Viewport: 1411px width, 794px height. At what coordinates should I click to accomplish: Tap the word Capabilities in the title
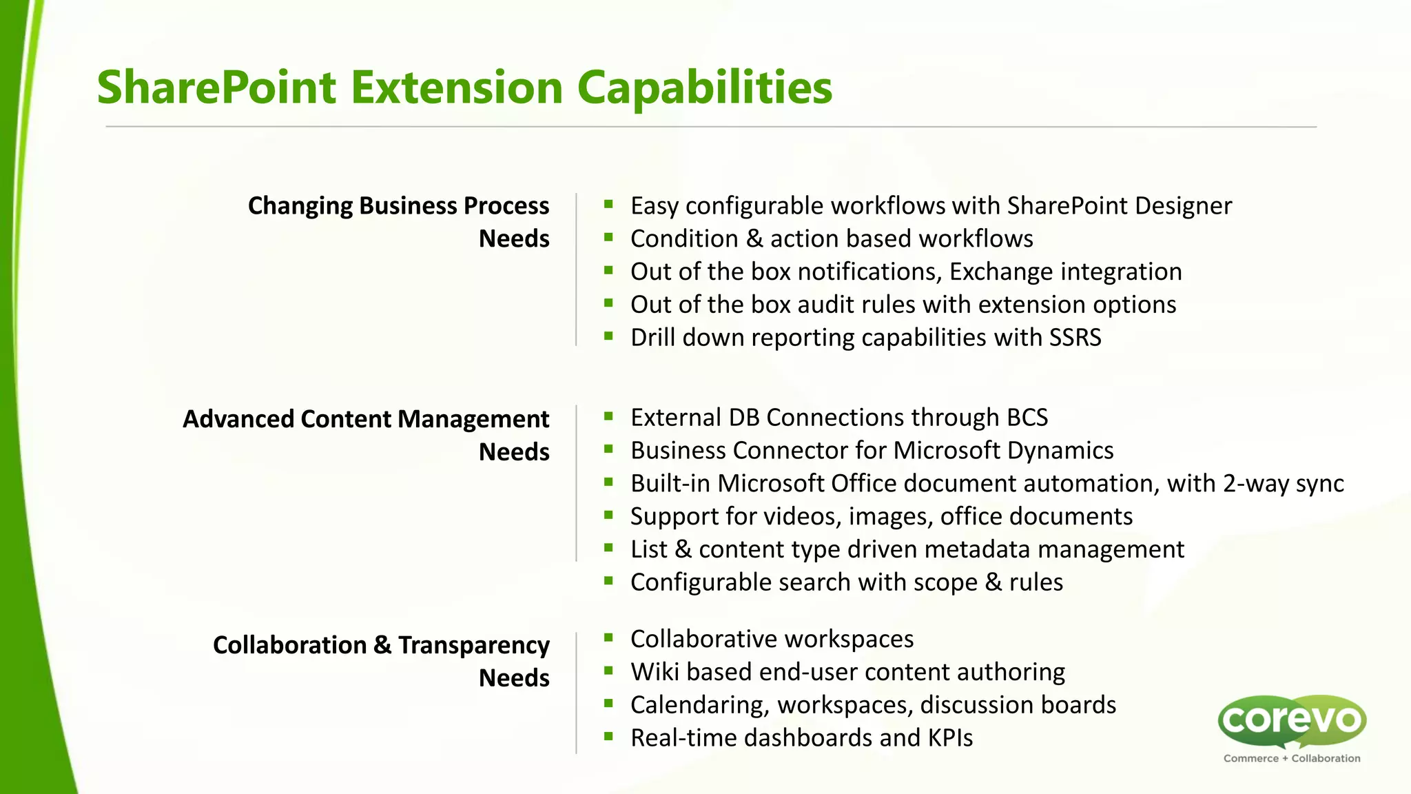coord(704,88)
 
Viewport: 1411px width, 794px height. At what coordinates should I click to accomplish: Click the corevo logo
coord(1292,720)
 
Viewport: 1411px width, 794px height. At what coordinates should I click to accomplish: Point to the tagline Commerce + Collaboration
coord(1292,758)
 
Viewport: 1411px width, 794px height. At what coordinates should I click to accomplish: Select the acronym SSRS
coord(1075,338)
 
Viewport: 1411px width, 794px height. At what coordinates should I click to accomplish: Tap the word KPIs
coord(950,738)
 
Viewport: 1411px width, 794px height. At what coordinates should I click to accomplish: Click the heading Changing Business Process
coord(398,206)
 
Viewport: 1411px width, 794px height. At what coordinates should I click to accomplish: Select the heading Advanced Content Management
coord(366,419)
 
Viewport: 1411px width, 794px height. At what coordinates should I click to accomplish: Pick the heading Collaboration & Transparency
coord(381,645)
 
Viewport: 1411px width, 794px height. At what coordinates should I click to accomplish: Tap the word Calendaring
coord(700,705)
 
